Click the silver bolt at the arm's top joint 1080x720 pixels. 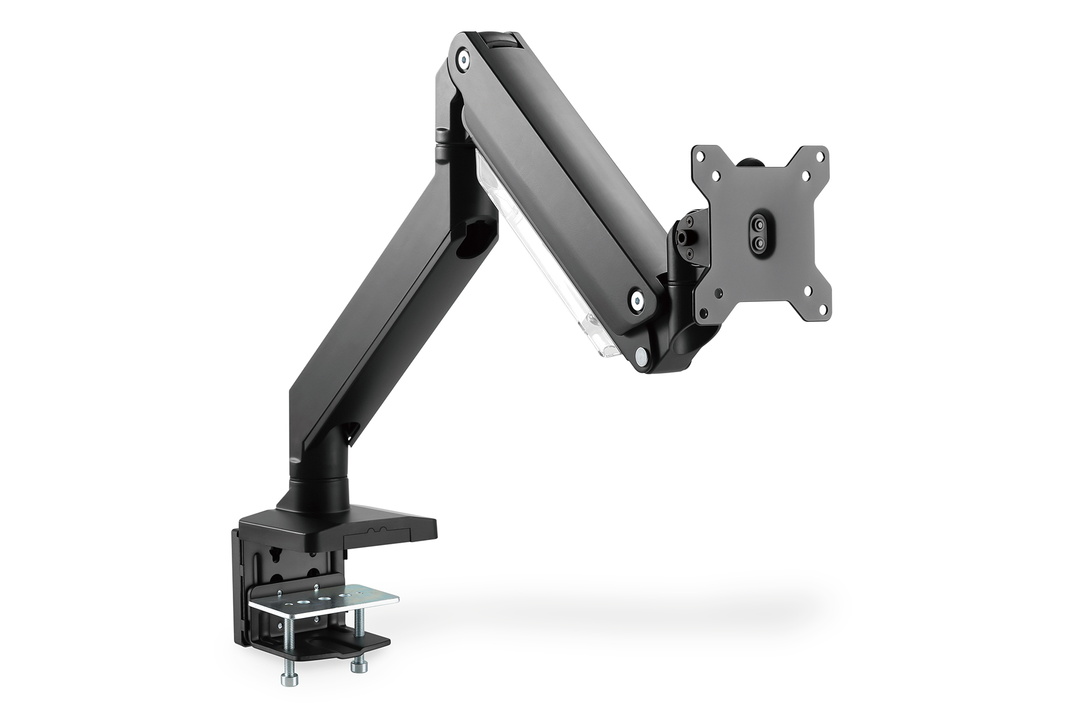[x=463, y=58]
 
